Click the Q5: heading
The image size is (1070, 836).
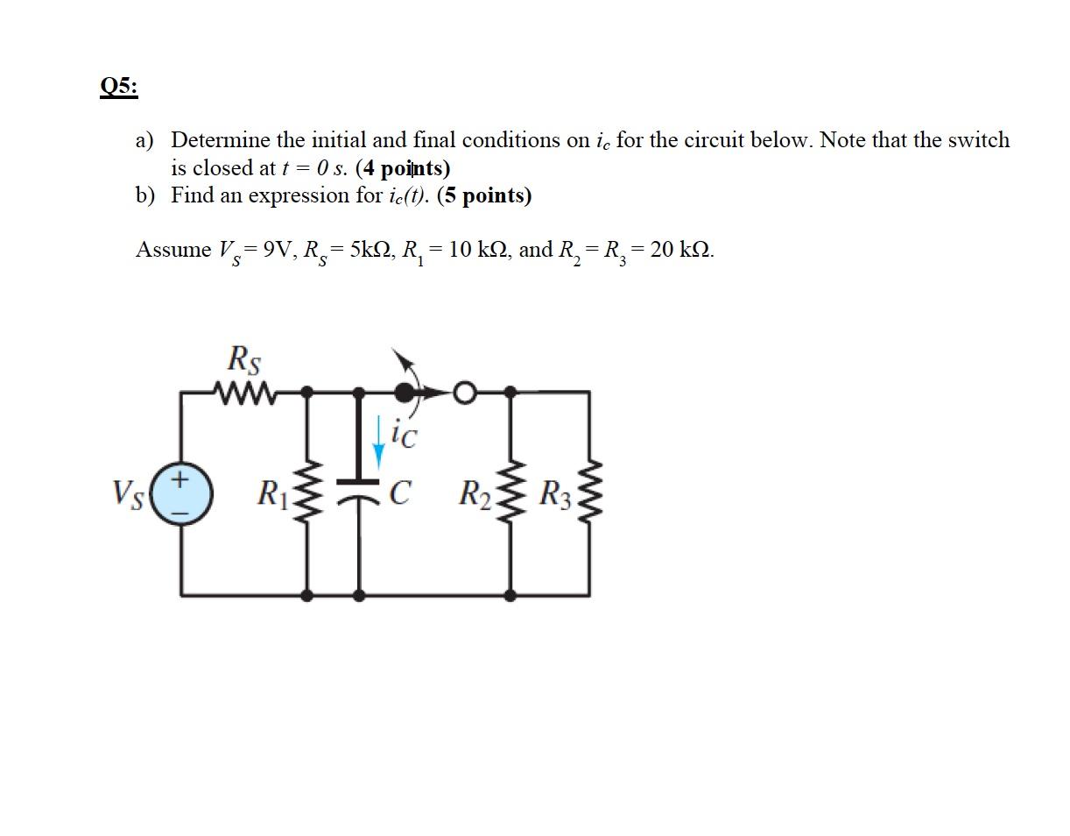(x=119, y=87)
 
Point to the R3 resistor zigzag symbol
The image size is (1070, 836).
(x=588, y=493)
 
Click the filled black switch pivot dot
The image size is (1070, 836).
(x=405, y=392)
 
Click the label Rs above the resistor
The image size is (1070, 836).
(x=243, y=359)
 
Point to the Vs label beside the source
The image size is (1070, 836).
(x=128, y=493)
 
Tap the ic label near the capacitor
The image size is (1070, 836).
(x=404, y=434)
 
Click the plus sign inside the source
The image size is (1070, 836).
(x=180, y=479)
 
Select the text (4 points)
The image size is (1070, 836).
(x=403, y=167)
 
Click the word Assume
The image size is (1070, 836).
(x=172, y=250)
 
